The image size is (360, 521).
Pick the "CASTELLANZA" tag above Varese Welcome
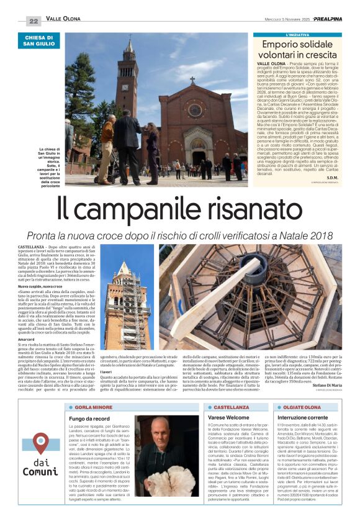pos(232,406)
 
